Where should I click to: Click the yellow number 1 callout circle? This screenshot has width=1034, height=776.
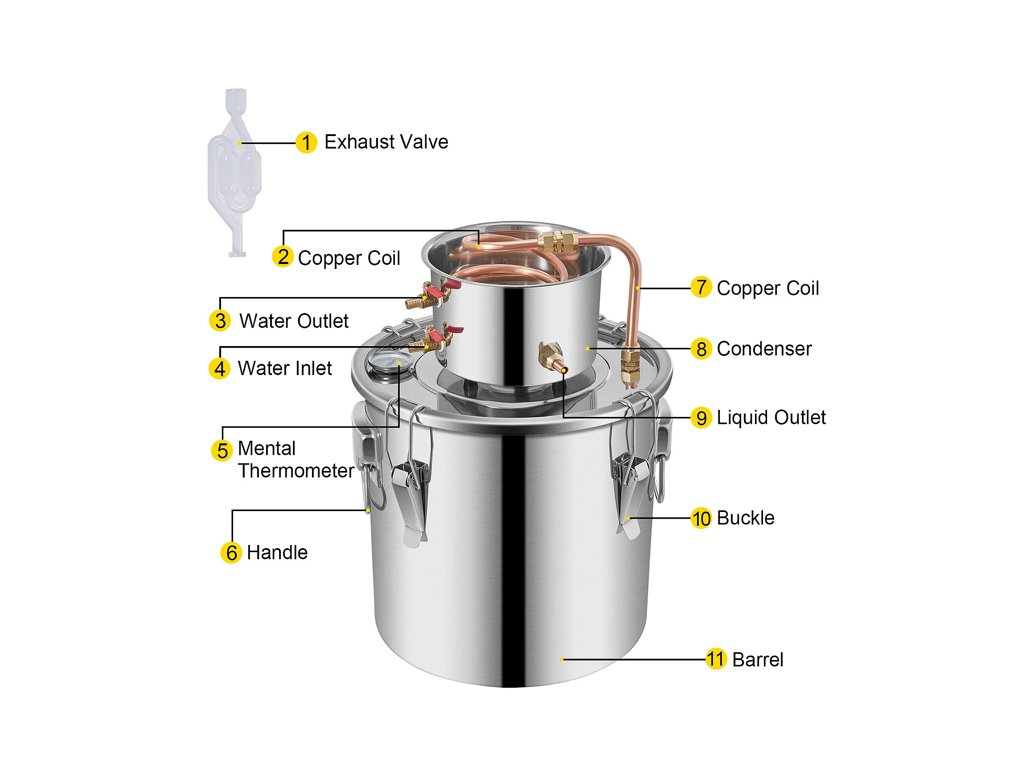[x=307, y=142]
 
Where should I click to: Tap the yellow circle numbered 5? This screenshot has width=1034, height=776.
[x=222, y=451]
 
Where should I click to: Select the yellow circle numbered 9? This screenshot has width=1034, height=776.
[x=701, y=418]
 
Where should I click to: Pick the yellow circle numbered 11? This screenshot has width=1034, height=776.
[x=716, y=659]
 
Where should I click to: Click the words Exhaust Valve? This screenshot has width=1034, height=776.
[x=386, y=142]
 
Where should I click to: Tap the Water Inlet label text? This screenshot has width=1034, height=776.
[x=285, y=368]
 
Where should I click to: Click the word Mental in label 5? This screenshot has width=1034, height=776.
[x=267, y=448]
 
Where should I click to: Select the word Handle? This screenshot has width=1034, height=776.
[x=277, y=553]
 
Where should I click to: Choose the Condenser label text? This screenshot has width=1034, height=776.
[x=764, y=349]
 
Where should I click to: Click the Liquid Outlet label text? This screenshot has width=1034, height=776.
[x=771, y=417]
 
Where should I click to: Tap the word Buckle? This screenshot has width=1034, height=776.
[x=746, y=518]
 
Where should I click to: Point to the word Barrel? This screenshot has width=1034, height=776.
[x=758, y=660]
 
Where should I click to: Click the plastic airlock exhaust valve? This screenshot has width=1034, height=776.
[x=235, y=173]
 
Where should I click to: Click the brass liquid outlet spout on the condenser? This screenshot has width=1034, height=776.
[x=553, y=357]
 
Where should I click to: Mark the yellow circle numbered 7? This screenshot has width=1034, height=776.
[x=701, y=287]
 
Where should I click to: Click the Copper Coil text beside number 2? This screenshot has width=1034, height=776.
[x=349, y=258]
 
